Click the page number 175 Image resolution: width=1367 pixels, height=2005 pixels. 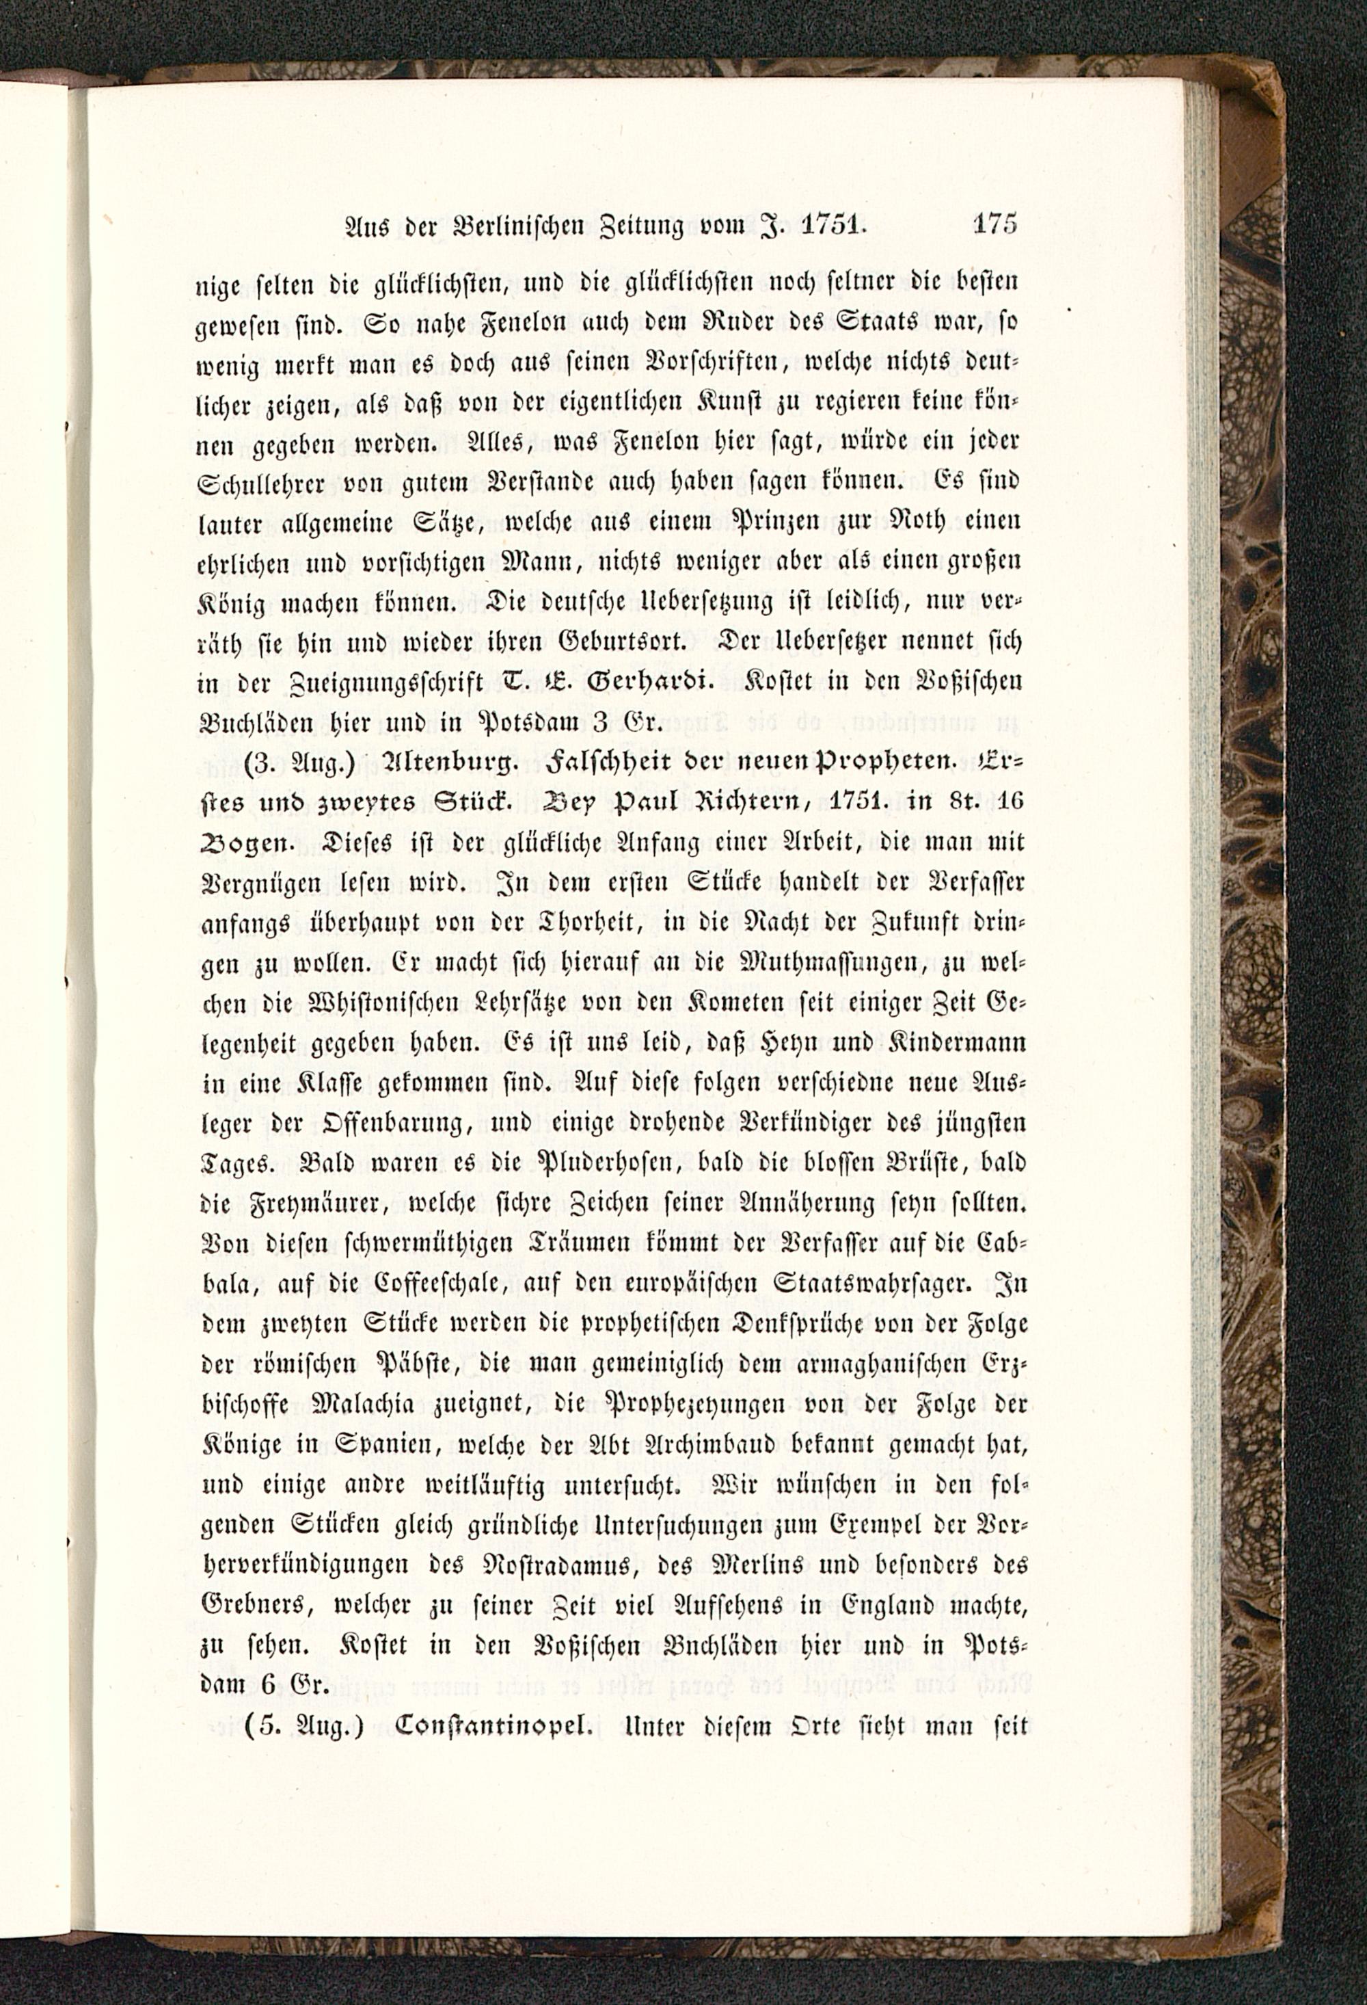994,224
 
